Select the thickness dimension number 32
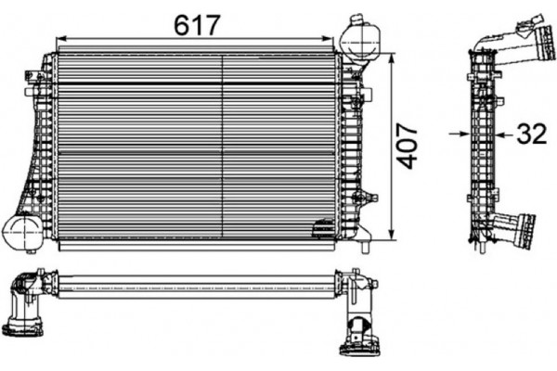(x=531, y=134)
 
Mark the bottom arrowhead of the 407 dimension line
(x=395, y=237)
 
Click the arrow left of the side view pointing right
(x=460, y=134)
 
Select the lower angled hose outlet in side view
(x=513, y=228)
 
